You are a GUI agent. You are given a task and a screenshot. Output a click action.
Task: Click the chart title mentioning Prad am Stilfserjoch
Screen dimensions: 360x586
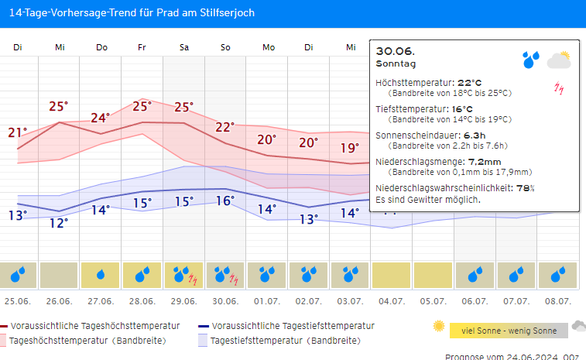coord(131,13)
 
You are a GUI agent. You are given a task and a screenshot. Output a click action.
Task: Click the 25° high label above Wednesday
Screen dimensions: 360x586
coord(59,107)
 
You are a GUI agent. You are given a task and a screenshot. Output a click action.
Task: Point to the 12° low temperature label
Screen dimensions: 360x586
coord(59,223)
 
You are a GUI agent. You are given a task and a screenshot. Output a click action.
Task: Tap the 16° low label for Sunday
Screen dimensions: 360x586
coord(225,201)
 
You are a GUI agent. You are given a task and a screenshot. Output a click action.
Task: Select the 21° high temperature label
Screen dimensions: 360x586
coord(17,132)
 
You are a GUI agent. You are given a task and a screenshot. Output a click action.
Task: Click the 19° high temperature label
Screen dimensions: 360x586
coord(350,148)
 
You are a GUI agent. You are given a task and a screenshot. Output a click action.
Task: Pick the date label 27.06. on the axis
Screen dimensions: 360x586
coord(101,300)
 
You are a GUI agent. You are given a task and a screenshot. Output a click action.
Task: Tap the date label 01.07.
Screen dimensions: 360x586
coord(267,300)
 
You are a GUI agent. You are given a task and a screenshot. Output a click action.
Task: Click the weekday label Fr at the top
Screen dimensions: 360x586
coord(142,48)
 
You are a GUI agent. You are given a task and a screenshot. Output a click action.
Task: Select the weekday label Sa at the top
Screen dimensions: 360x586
coord(184,48)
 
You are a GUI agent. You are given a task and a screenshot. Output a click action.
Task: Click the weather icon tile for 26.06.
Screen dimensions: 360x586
coord(59,274)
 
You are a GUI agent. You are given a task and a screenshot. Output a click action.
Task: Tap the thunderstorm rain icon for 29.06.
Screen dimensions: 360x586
coord(184,274)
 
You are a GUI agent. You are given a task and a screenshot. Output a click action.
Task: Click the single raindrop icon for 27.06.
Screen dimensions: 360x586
coord(101,274)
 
